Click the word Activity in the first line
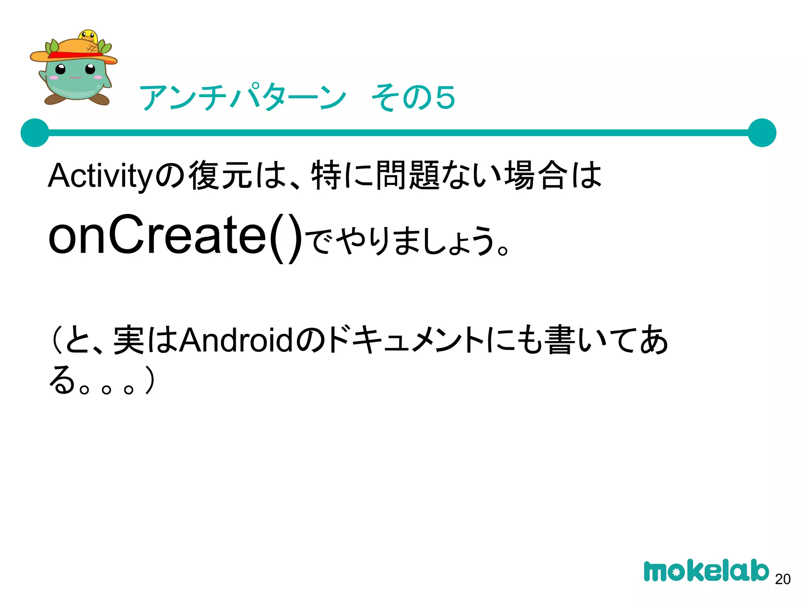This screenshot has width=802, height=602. pos(100,176)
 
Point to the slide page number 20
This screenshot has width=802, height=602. pos(782,579)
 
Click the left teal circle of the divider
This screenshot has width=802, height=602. pos(35,133)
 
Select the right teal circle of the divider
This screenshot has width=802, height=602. pos(762,133)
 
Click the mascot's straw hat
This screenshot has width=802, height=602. pos(74,51)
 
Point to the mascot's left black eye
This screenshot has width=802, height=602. pos(60,70)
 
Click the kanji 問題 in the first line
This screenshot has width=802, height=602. pos(408,176)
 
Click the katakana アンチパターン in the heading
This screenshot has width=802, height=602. pos(243,97)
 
